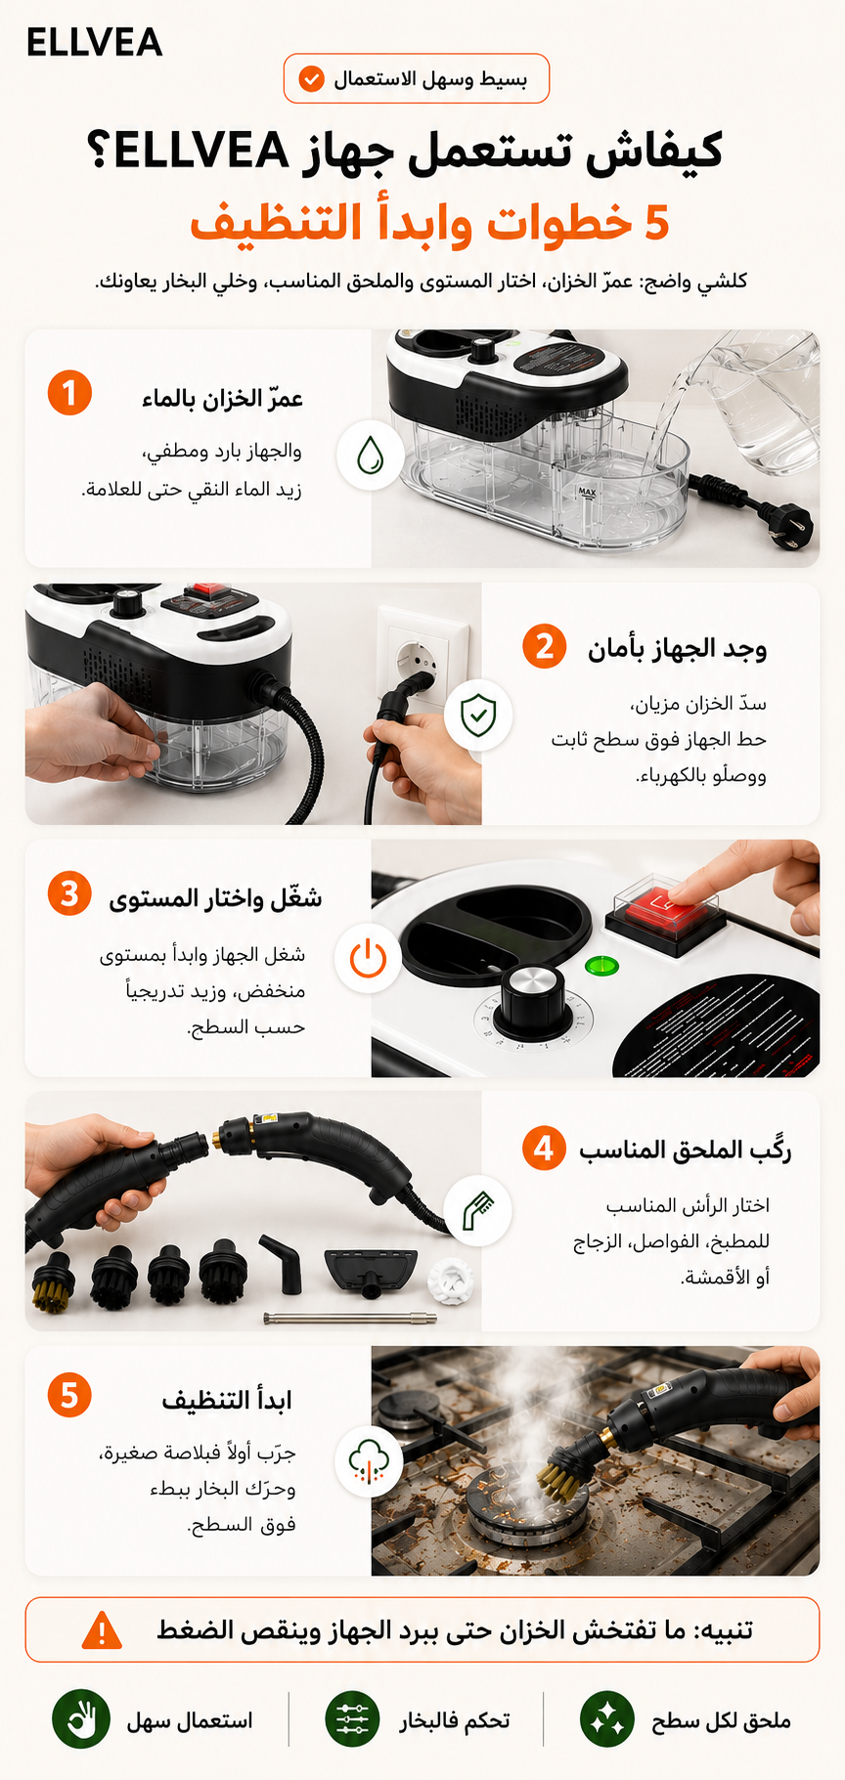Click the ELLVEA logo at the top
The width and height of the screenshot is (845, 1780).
[94, 42]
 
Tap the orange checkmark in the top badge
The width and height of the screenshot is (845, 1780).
[311, 79]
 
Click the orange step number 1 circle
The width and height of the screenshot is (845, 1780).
[69, 393]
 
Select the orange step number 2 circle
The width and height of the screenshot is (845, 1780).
[544, 646]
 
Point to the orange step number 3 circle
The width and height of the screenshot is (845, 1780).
[69, 894]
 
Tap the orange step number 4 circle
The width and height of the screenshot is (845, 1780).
[544, 1148]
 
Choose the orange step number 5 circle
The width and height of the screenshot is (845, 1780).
[69, 1395]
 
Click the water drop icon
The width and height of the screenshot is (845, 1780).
[371, 456]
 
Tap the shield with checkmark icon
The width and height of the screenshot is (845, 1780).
[478, 715]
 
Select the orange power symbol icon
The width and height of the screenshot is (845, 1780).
[369, 959]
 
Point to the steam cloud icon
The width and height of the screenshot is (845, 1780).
[369, 1460]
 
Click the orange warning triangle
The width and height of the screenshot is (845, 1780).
[102, 1630]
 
